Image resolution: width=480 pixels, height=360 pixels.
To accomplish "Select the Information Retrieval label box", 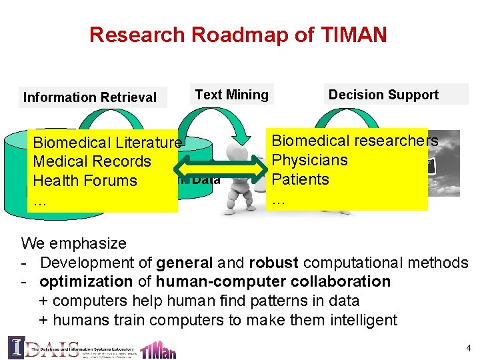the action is pos(90,97).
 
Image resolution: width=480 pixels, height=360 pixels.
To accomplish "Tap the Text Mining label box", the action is pos(231,95).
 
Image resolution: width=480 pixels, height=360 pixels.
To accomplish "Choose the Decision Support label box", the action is pos(383,95).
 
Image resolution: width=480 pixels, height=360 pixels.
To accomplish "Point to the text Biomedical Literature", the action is pos(107,142).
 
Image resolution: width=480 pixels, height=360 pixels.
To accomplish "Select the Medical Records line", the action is pos(92,161).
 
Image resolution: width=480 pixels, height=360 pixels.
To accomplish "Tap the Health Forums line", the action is pos(85,181).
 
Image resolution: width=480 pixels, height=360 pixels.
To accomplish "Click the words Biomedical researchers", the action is pos(355,141).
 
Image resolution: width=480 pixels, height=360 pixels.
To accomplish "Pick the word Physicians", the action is pos(310,160).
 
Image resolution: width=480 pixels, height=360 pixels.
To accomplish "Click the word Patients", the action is pos(301,179).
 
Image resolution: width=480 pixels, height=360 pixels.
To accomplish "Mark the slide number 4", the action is pos(469,348).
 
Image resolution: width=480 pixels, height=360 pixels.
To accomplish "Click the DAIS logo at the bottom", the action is pos(33,348).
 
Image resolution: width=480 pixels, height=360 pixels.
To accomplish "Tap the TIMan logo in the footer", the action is pos(159,349).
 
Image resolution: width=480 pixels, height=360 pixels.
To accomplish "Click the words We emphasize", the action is pos(73,243).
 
